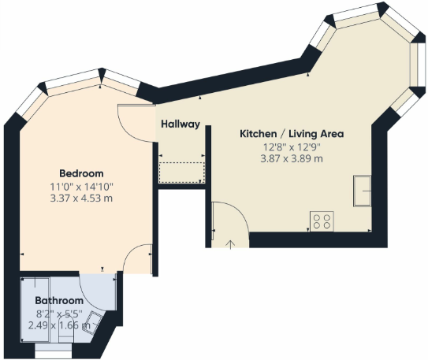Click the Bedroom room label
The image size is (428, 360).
[x=81, y=173]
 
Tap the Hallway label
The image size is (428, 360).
[x=180, y=124]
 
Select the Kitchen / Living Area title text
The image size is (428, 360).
[x=291, y=134]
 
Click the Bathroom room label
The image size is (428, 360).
[x=59, y=301]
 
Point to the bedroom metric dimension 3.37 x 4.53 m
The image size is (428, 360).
[x=81, y=198]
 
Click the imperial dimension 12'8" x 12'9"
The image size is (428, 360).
[x=291, y=147]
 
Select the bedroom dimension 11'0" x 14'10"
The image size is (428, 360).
[x=81, y=186]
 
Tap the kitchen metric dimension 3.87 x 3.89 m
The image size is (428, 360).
[x=291, y=158]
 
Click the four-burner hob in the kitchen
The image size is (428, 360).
[x=321, y=221]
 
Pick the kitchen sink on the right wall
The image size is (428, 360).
[x=363, y=190]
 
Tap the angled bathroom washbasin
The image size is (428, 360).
[x=93, y=321]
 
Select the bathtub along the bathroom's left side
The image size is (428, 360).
[x=36, y=311]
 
